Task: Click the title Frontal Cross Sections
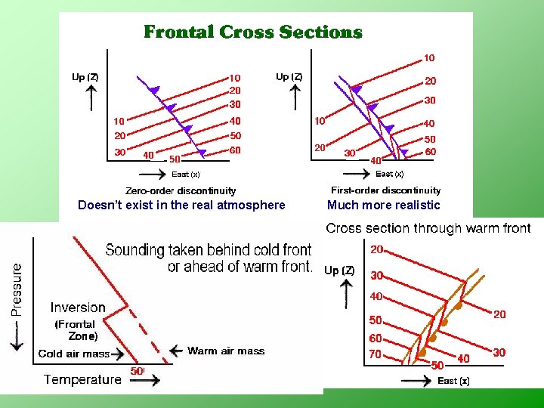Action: click(x=253, y=32)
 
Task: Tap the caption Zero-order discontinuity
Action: click(x=181, y=191)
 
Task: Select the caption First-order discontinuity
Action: click(x=385, y=190)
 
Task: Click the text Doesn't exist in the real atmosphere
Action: click(x=182, y=206)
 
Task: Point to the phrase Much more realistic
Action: click(x=383, y=206)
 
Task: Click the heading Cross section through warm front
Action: click(x=428, y=228)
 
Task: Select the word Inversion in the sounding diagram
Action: click(x=78, y=308)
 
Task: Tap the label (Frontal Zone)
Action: click(x=75, y=330)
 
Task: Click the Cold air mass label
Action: click(x=74, y=354)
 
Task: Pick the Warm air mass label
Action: click(x=227, y=351)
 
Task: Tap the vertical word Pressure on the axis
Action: click(x=17, y=289)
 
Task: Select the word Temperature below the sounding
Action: click(x=82, y=379)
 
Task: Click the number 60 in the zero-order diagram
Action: click(x=236, y=150)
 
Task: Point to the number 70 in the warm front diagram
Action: click(x=376, y=354)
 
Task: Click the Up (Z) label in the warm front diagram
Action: click(x=339, y=270)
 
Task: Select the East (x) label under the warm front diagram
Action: click(x=453, y=382)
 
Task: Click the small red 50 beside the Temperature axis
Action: click(x=137, y=371)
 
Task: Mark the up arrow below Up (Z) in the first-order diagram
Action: click(x=296, y=97)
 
